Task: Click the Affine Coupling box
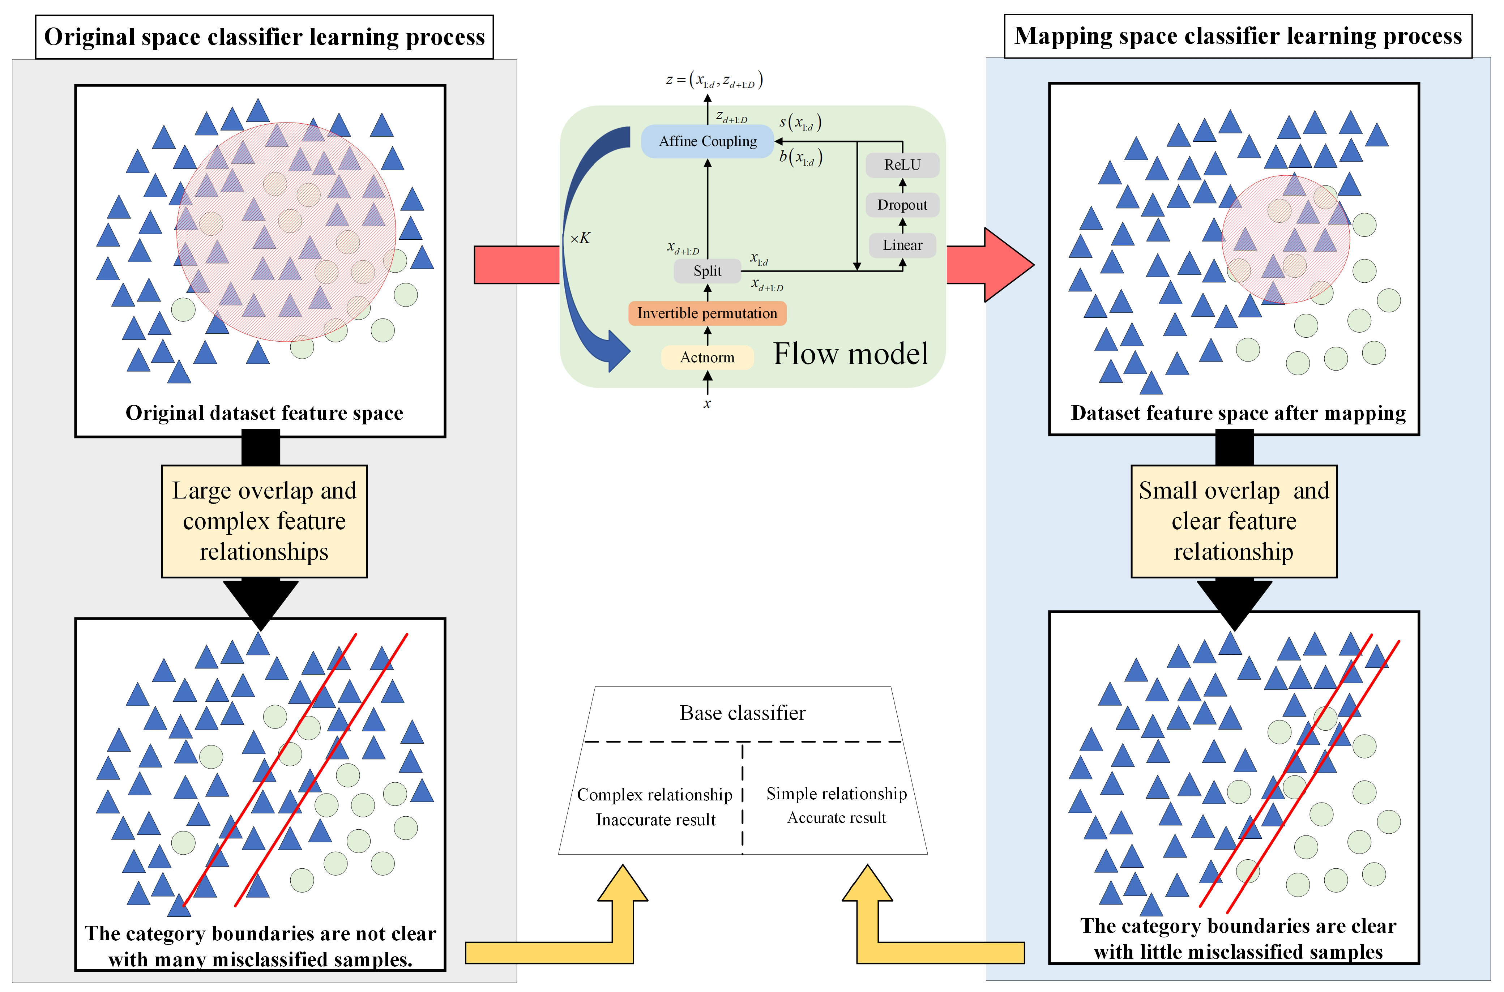708,141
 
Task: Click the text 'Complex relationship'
654,795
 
